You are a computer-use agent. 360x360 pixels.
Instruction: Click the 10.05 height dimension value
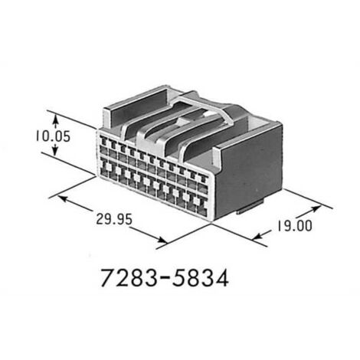[53, 136]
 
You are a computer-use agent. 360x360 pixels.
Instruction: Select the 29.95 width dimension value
[114, 219]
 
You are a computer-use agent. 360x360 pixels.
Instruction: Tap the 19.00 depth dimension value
[295, 226]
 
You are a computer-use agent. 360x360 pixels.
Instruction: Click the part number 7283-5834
[165, 278]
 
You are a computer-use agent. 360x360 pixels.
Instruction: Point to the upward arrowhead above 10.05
[55, 118]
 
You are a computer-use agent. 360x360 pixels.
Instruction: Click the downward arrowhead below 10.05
[55, 152]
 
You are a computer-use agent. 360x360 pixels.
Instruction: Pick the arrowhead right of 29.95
[163, 240]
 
